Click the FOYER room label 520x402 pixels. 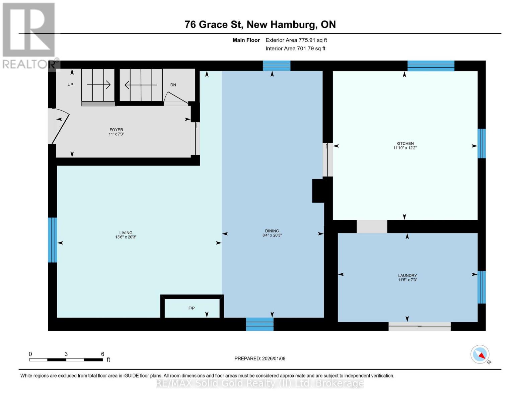(116, 130)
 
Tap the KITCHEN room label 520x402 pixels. (405, 143)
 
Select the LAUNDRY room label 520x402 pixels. (407, 275)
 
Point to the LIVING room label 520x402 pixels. (126, 232)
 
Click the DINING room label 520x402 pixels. (272, 231)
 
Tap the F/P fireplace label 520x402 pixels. (192, 308)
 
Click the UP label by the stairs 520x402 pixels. (70, 84)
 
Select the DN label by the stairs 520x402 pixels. (173, 85)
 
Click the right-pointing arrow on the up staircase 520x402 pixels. (98, 85)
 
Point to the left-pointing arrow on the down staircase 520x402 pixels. (141, 85)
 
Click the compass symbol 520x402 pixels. (480, 354)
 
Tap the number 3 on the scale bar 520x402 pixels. (66, 354)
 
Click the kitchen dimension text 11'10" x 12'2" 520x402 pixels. (405, 148)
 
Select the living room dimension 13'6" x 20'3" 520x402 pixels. (126, 237)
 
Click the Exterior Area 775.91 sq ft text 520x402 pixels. (296, 40)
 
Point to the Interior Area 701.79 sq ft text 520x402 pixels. (296, 49)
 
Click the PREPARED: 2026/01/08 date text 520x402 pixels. (260, 358)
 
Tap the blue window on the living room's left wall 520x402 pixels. (53, 240)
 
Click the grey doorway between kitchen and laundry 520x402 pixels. (372, 226)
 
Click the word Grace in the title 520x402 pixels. (213, 24)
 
